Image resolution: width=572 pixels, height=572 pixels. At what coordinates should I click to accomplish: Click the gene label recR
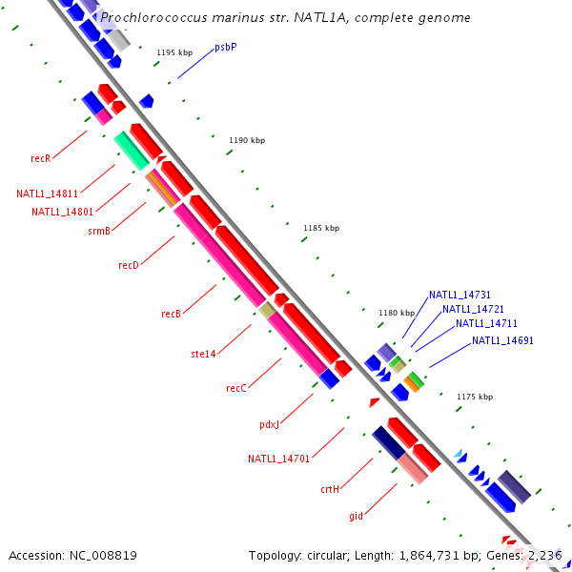coord(40,158)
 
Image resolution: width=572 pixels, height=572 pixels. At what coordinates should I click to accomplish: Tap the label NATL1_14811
coord(47,194)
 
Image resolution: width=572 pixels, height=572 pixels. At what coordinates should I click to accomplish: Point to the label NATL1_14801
coord(62,212)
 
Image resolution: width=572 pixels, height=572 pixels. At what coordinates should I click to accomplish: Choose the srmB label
coord(99,231)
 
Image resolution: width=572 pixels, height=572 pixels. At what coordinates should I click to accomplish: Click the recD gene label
coord(129,265)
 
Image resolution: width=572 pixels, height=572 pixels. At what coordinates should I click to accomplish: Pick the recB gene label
coord(171,314)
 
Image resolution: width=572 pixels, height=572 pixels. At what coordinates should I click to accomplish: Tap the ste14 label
coord(203,354)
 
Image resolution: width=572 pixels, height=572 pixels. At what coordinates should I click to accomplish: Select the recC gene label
coord(236,388)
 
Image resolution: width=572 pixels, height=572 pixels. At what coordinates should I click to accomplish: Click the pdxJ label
coord(269,425)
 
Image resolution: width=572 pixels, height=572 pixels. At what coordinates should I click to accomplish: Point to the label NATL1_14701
coord(279,459)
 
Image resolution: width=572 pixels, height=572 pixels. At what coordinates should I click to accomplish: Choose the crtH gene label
coord(330,489)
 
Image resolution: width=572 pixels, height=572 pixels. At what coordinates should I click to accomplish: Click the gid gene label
coord(356,516)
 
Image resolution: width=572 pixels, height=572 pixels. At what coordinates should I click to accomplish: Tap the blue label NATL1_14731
coord(460,295)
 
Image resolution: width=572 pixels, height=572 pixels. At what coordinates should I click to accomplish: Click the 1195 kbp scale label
coord(174,52)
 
